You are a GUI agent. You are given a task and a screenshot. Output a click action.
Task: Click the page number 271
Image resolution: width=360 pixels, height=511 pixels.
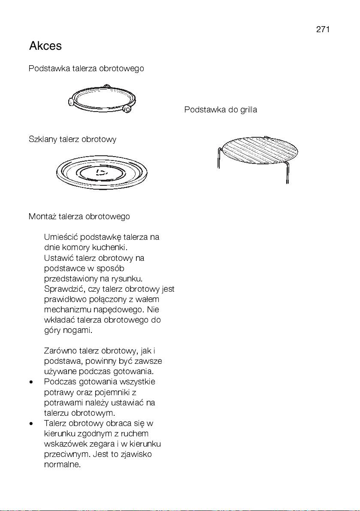coord(323,29)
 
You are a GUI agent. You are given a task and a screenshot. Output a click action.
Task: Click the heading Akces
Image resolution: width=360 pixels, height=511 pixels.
coord(45,46)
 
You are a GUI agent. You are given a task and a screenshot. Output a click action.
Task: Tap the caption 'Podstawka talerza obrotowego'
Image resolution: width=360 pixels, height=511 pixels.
coord(86,69)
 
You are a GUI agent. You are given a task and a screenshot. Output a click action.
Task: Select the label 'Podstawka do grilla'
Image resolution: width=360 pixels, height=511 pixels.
coord(221,110)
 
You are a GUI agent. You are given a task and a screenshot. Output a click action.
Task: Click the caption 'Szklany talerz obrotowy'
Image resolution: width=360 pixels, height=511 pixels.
coord(73,139)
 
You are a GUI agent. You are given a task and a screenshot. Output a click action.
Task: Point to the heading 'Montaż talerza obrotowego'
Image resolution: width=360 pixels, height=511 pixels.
coord(79,216)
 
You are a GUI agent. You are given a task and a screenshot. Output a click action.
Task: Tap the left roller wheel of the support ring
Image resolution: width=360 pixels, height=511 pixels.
coord(70,102)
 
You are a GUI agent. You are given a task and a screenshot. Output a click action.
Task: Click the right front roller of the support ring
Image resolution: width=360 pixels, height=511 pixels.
coord(127,109)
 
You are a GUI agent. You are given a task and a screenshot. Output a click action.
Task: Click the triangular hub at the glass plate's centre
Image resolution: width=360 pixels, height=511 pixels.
coord(101,173)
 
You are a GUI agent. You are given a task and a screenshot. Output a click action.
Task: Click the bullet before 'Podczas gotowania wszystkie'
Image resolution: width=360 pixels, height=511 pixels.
coord(32,382)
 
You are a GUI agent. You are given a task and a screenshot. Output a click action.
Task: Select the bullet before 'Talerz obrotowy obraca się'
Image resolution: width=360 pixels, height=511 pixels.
coord(32,423)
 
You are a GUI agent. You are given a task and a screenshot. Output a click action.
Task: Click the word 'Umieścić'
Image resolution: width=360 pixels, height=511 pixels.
coord(61,237)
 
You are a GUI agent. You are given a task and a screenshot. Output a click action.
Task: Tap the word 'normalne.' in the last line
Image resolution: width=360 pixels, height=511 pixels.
coord(62,464)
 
